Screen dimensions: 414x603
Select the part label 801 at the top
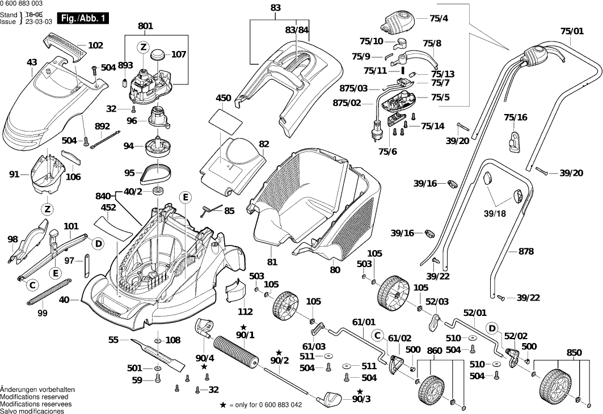145,26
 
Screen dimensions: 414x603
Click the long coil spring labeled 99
49,293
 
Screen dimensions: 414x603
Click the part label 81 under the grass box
272,262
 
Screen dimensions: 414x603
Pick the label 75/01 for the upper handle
572,31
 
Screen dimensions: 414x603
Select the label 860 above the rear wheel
434,351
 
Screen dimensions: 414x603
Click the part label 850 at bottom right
574,352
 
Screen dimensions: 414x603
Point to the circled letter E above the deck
185,197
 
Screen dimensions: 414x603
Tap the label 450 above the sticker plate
224,98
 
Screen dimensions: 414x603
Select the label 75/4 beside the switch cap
438,18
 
